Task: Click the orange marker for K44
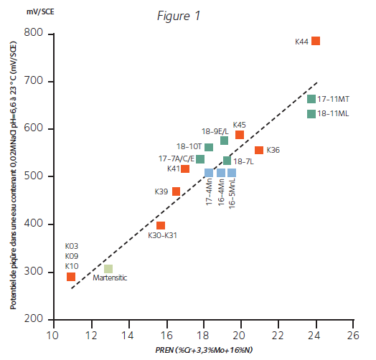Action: coord(316,41)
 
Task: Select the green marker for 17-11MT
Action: coord(311,99)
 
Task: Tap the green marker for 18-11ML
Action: coord(311,113)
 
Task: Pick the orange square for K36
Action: coord(259,150)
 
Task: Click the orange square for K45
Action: coord(240,134)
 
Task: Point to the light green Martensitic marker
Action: coord(108,269)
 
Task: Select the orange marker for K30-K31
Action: coord(161,225)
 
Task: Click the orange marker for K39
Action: coord(176,191)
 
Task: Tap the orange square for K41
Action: coord(185,169)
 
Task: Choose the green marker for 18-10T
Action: coord(209,147)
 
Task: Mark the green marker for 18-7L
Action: coord(227,161)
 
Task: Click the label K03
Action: coord(72,246)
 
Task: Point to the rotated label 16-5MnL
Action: coord(232,193)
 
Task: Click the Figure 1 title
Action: coord(179,16)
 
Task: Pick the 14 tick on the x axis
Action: coord(128,335)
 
